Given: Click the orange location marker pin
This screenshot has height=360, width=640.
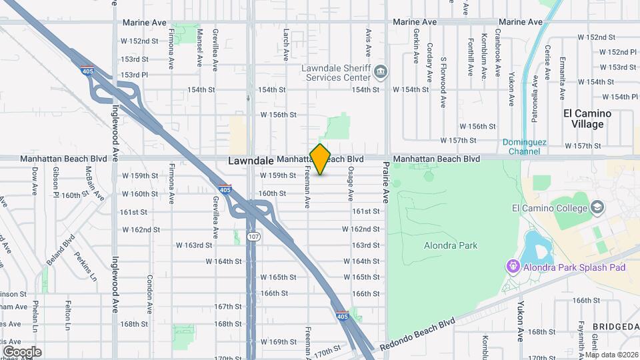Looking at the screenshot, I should pos(321,159).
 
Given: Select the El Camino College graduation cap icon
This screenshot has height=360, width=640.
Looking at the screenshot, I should pos(597,207).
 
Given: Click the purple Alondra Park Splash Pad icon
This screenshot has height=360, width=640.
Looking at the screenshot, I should pos(513,267).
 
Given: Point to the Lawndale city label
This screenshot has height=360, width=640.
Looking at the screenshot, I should pos(251,161).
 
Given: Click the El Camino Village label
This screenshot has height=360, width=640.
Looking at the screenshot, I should pos(587,119).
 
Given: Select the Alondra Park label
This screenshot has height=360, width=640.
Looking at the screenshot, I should pos(451,245).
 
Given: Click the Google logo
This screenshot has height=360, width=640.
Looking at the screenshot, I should pos(21,351).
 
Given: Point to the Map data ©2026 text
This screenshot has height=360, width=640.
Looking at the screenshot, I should pos(611,355).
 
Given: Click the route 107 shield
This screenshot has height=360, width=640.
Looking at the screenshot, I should pos(254,236).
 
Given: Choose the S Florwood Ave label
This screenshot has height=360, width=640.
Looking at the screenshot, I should pos(443,83).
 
